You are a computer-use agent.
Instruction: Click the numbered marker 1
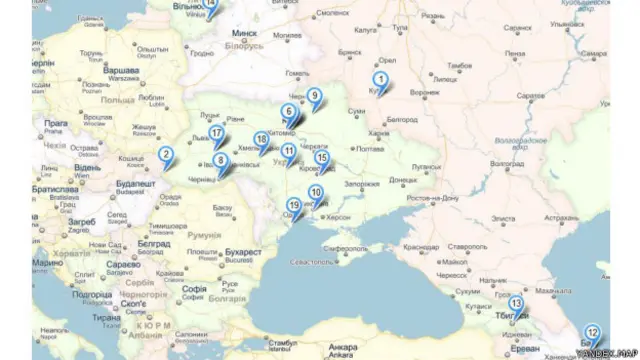pos(381,80)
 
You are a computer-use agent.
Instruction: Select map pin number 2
pos(166,155)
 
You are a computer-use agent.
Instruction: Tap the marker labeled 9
pos(314,97)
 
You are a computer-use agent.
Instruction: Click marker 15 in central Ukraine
pos(321,158)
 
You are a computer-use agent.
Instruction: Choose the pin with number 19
pos(293,206)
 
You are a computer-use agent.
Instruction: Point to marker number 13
pos(516,303)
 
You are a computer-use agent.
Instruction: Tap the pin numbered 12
pos(592,333)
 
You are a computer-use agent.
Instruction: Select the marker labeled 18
pos(261,140)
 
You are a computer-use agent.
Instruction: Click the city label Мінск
pos(245,33)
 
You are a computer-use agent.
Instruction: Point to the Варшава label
pos(122,73)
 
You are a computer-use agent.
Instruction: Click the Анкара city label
pos(341,349)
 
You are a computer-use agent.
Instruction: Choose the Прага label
pos(56,123)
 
